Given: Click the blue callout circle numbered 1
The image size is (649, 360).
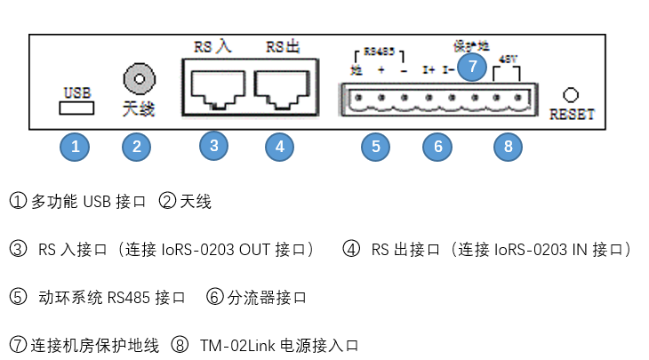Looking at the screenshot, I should click(x=76, y=147).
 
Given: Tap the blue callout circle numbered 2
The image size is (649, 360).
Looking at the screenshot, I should click(x=136, y=147).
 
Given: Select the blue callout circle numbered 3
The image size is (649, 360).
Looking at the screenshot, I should click(x=213, y=145).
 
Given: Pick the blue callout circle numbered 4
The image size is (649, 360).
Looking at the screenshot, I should click(x=279, y=147).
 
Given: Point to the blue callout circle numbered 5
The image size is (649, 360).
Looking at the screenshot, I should click(x=376, y=147).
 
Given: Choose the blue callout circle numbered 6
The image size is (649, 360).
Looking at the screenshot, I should click(x=437, y=147).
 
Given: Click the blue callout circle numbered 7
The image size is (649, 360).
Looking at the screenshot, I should click(x=473, y=65).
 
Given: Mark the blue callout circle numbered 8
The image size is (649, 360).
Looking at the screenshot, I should click(x=508, y=147).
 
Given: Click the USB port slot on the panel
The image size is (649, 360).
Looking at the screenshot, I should click(x=76, y=108).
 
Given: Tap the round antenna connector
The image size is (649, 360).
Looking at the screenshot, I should click(x=138, y=80).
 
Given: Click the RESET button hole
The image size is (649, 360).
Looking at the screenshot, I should click(x=572, y=94).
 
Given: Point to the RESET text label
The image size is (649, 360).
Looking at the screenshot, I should click(x=572, y=114).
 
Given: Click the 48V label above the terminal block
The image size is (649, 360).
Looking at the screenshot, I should click(x=508, y=59).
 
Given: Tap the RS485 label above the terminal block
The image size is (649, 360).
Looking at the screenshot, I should click(x=379, y=52).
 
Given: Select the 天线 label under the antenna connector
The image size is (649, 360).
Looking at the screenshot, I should click(x=138, y=110).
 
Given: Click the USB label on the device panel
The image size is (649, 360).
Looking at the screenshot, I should click(x=76, y=92).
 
